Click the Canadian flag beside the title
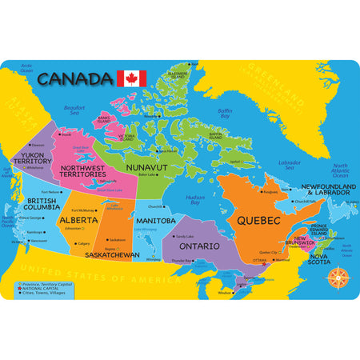point(131,78)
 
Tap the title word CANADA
point(74,78)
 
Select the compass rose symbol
point(338,277)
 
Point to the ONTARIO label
point(198,246)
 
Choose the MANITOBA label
point(155,220)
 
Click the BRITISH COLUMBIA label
point(41,205)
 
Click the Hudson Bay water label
point(194,198)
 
